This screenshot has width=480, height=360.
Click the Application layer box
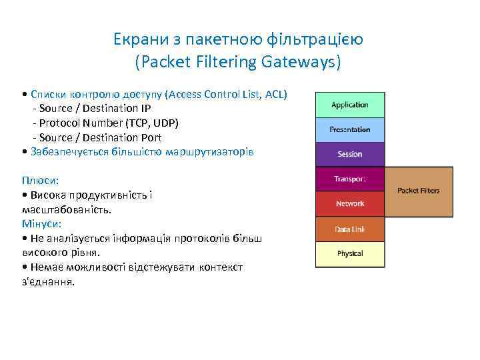pyautogui.click(x=349, y=105)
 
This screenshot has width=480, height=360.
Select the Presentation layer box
pyautogui.click(x=349, y=129)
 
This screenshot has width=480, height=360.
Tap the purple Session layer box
pyautogui.click(x=349, y=154)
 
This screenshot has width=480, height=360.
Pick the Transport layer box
pyautogui.click(x=349, y=179)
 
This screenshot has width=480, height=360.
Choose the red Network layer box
pyautogui.click(x=349, y=204)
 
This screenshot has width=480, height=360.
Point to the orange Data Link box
pyautogui.click(x=349, y=229)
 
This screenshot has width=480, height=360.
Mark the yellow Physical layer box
pyautogui.click(x=349, y=254)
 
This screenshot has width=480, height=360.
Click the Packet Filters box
pyautogui.click(x=419, y=191)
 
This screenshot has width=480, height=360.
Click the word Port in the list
pyautogui.click(x=150, y=138)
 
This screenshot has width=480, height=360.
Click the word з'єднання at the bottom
pyautogui.click(x=48, y=281)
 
